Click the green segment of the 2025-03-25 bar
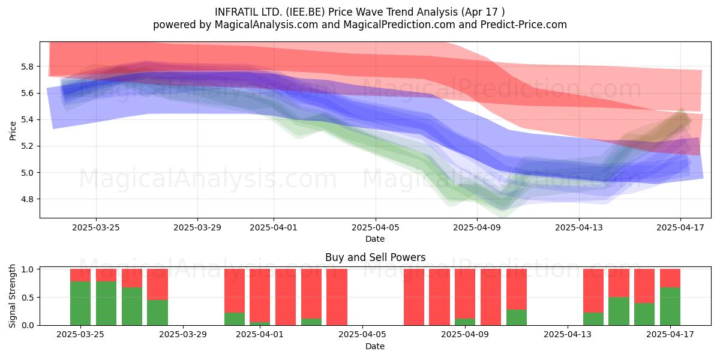coord(80,303)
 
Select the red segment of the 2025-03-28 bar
coord(157,284)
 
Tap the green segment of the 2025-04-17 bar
coord(670,307)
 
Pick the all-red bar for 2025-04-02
coord(286,297)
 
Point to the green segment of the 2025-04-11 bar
coord(517,317)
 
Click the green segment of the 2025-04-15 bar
coord(619,311)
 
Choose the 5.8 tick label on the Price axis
coord(28,67)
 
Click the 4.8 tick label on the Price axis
coord(28,199)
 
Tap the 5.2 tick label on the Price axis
coord(28,146)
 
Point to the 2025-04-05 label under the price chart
coord(376,227)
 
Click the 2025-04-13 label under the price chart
coord(579,227)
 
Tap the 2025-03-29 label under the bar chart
coord(183,335)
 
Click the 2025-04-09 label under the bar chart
coord(465,335)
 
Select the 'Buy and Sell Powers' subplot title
coord(375,257)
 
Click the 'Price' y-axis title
coord(13,131)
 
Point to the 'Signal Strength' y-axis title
coord(12,296)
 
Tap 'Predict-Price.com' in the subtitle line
coord(524,25)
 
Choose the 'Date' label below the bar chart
coord(375,346)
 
